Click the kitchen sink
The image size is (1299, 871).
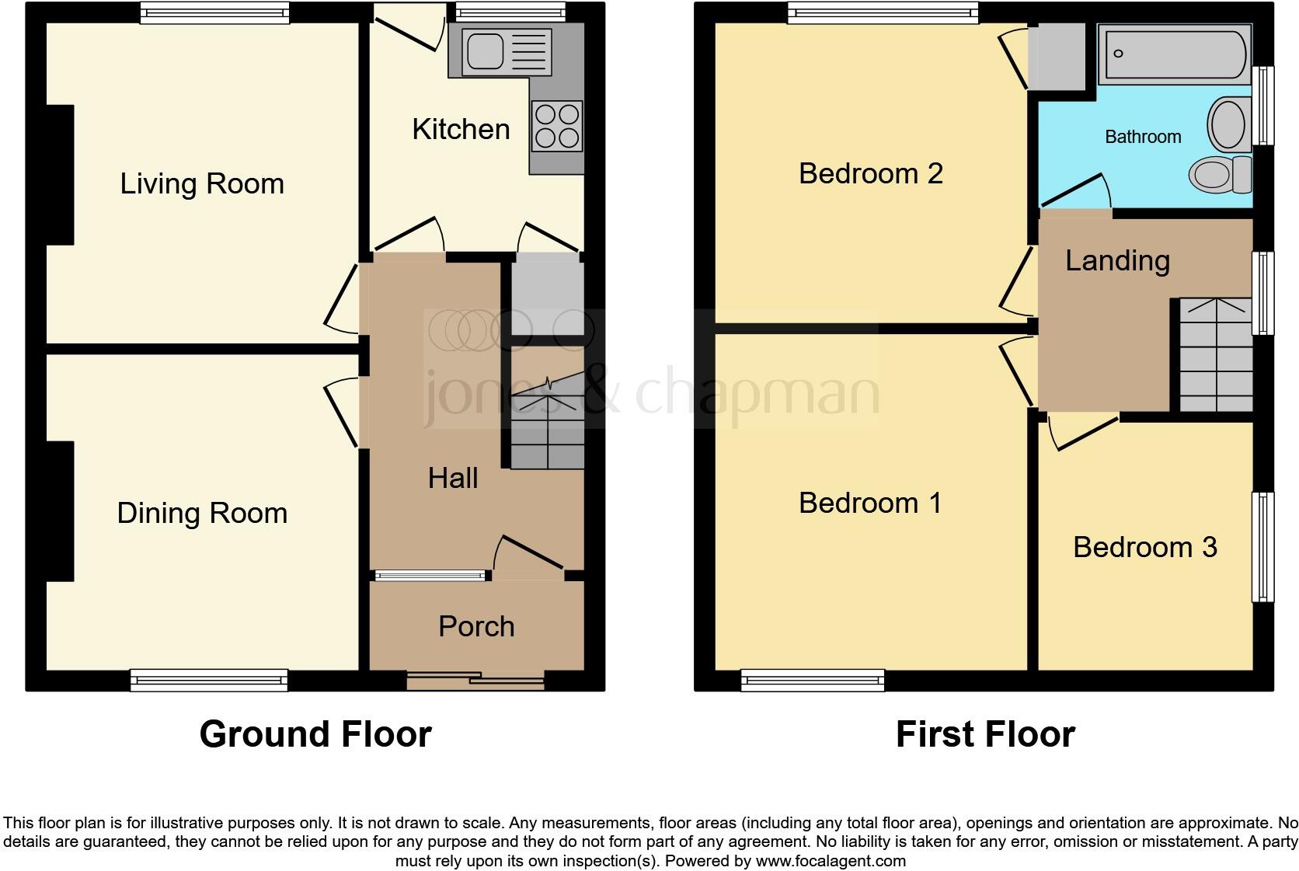tap(486, 51)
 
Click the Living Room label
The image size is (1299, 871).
tap(202, 184)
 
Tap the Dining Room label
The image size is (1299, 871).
tap(202, 514)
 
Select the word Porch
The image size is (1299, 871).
tap(476, 626)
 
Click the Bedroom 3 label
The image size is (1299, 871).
tap(1144, 547)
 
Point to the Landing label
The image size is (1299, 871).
tap(1117, 260)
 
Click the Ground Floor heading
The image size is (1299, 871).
tap(315, 734)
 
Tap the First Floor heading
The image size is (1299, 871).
tap(984, 734)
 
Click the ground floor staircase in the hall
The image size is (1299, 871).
tap(547, 423)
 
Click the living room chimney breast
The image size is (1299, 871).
tap(61, 176)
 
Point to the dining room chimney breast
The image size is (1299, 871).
tap(61, 511)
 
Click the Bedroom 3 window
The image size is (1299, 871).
tap(1263, 547)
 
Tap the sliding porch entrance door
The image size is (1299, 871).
tap(475, 682)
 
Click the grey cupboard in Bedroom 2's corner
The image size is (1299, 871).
tap(1056, 57)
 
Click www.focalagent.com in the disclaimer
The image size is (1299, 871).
tap(830, 861)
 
